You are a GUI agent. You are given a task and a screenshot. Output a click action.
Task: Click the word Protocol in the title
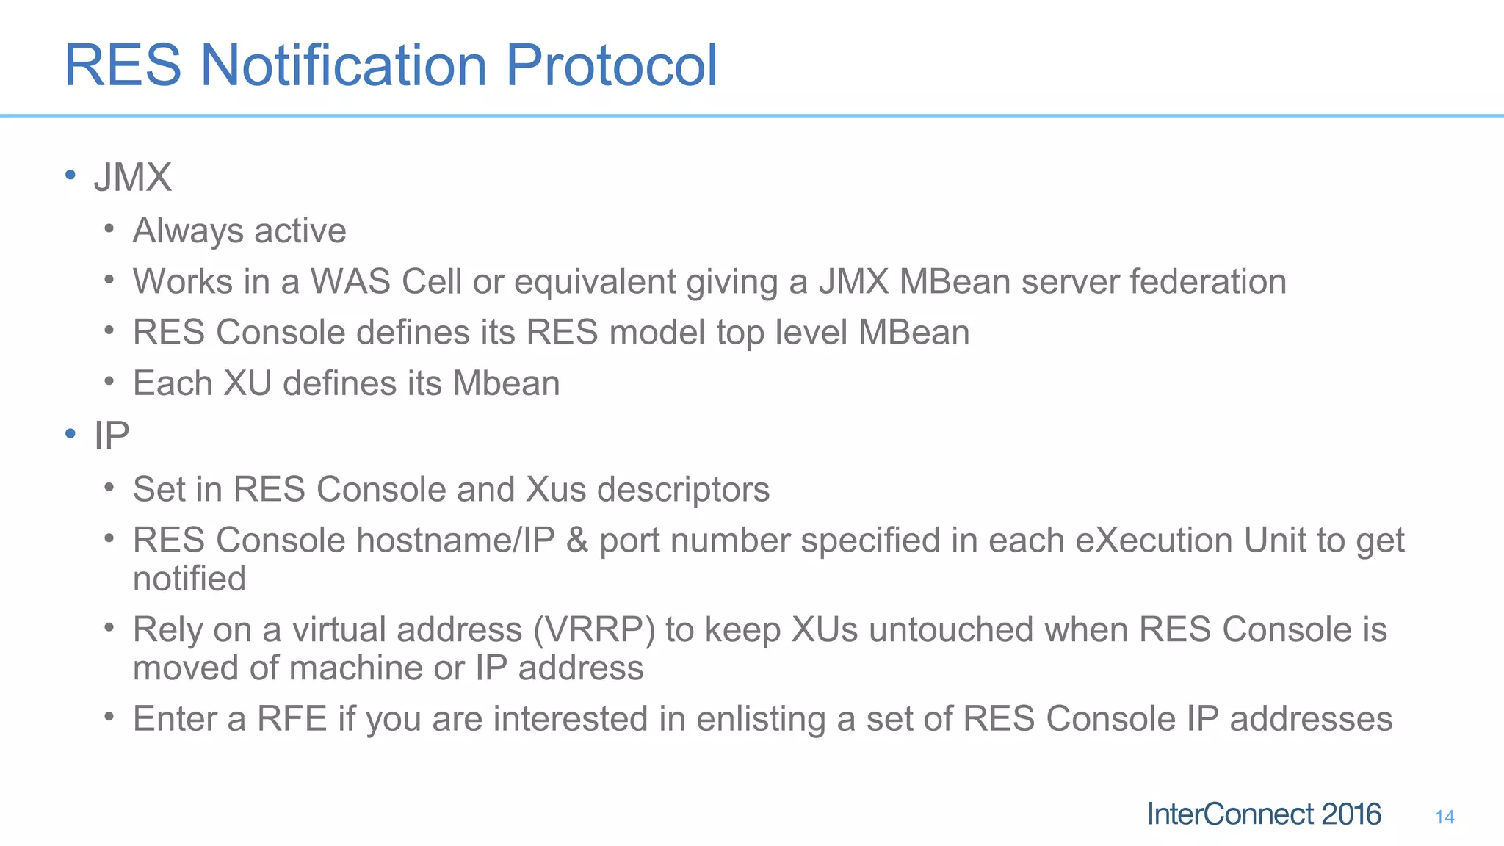tap(611, 66)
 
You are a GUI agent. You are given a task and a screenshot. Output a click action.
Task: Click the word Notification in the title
tap(344, 66)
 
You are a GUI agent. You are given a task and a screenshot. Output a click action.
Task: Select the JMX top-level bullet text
tap(133, 178)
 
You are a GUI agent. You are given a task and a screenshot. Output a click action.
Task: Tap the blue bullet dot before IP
tap(70, 434)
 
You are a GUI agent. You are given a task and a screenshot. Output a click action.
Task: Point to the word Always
tap(188, 231)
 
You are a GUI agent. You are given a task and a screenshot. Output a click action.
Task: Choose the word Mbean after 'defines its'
tap(506, 383)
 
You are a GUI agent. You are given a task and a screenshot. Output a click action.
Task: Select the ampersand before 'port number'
tap(577, 540)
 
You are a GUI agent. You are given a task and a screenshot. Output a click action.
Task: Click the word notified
tap(189, 579)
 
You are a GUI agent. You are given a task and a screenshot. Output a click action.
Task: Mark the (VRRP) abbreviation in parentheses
tap(594, 630)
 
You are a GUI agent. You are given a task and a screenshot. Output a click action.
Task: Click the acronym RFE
tap(292, 719)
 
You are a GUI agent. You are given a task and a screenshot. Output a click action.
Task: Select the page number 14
tap(1445, 817)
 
